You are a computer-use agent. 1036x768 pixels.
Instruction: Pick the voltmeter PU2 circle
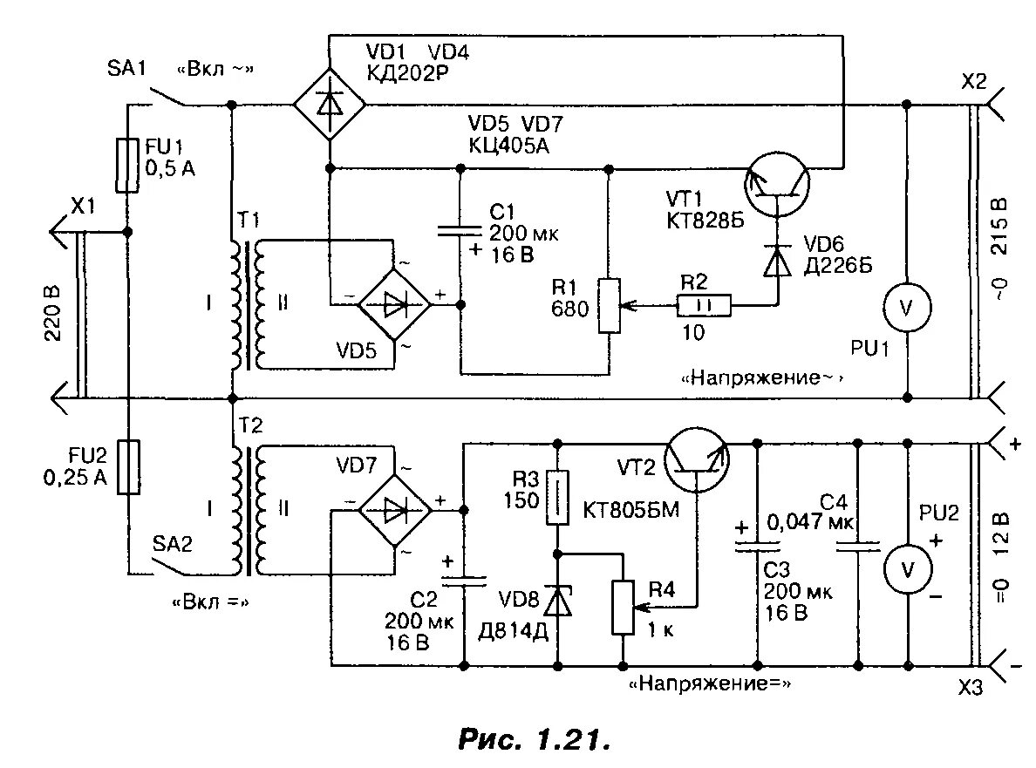coord(908,569)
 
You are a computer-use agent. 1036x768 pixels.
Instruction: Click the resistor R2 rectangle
coord(703,305)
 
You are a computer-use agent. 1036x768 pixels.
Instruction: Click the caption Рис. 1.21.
coord(532,740)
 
